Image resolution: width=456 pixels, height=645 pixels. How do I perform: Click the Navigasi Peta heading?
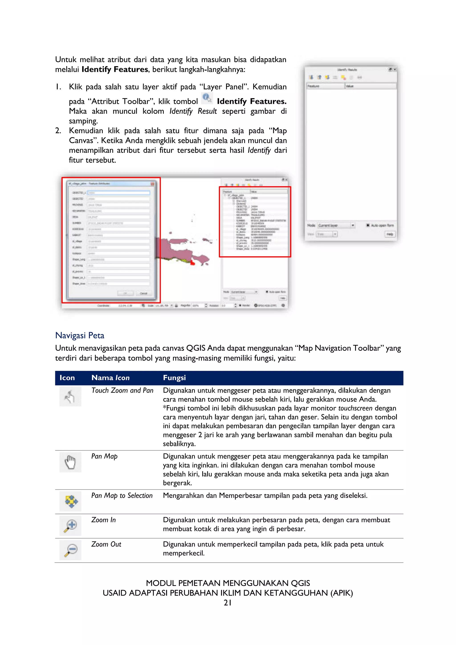79,335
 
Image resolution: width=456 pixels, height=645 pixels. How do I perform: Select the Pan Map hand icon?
70,462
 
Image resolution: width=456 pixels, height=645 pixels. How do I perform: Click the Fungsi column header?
174,378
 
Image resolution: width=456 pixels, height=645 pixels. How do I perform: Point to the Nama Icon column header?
110,378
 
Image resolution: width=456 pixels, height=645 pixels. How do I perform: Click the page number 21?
227,603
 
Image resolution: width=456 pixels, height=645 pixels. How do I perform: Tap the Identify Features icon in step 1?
207,98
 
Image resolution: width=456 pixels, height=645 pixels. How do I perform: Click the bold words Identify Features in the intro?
115,69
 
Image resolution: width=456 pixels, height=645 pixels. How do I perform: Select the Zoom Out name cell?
106,544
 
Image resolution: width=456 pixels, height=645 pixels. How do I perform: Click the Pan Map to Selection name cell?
122,496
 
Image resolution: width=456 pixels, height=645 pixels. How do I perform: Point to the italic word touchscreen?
355,408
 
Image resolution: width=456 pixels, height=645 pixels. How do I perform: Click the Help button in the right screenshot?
390,234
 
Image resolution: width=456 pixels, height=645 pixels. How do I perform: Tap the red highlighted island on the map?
193,263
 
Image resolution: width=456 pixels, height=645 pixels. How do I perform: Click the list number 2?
58,131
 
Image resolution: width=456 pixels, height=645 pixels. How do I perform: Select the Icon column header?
67,378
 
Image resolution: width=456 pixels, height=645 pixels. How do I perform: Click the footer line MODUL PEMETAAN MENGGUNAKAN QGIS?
228,583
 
